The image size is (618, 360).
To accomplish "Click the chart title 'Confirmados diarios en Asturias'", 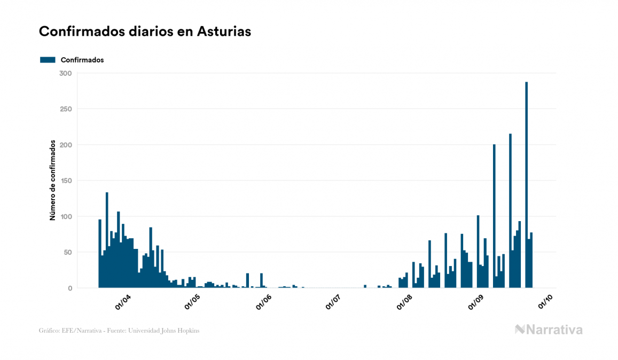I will (x=145, y=32).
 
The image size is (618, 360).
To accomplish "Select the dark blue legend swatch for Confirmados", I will (x=48, y=60).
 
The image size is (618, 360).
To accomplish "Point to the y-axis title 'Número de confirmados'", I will (x=53, y=181).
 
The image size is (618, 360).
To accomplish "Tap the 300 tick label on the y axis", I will (x=66, y=73).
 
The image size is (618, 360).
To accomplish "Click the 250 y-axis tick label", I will (x=66, y=109).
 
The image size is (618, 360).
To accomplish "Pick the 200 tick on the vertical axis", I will (x=66, y=145).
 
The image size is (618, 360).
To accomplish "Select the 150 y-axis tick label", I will (x=66, y=181).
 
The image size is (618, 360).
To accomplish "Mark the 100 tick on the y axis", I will (x=66, y=216).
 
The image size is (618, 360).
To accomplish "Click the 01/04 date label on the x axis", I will (x=123, y=303).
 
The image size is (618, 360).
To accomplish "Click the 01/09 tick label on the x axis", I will (x=476, y=303).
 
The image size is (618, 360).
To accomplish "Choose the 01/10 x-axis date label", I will (x=545, y=303).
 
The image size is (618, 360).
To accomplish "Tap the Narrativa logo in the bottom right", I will (x=549, y=330).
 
